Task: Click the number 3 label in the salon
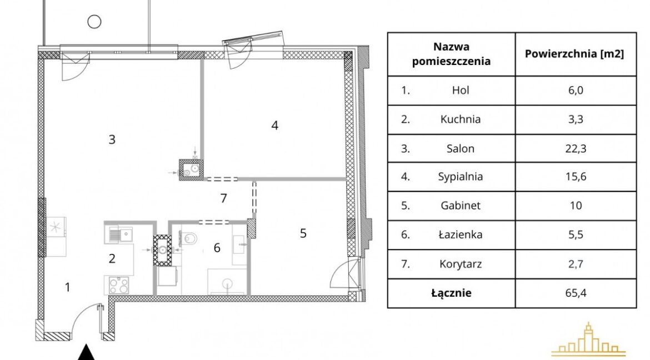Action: (112, 139)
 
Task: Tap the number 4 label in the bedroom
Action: (274, 125)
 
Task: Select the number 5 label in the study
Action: (303, 233)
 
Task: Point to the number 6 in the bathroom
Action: (217, 248)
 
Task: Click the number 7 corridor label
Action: (223, 198)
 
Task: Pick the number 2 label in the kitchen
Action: (112, 258)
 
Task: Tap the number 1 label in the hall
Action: (68, 287)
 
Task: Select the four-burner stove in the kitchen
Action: (119, 285)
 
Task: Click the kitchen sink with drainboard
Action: (119, 235)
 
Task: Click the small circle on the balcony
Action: (94, 21)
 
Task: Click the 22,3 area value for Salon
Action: (576, 148)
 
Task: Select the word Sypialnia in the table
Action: (461, 177)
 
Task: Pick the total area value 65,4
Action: (576, 293)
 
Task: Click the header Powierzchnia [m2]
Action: (574, 54)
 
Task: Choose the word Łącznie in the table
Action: (452, 293)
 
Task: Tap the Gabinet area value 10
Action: (576, 206)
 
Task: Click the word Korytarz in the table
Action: (461, 264)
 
